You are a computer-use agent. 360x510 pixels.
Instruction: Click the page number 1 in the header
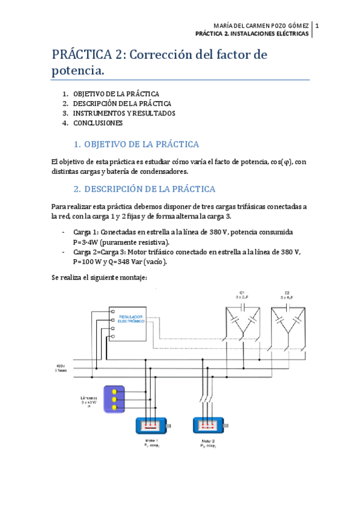[317, 26]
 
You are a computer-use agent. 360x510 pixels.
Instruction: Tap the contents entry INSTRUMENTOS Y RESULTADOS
[124, 113]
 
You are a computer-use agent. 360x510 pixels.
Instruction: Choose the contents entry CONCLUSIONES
[98, 123]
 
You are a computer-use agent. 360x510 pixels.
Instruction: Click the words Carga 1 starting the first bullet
[86, 232]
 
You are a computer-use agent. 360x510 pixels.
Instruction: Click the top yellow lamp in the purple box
[114, 392]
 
